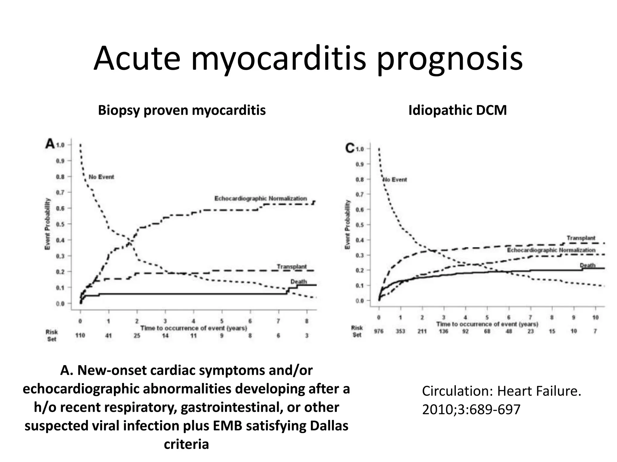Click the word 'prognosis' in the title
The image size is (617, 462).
pyautogui.click(x=450, y=59)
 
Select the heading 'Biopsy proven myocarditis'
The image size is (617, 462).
pyautogui.click(x=182, y=110)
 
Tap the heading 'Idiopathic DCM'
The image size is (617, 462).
pyautogui.click(x=457, y=110)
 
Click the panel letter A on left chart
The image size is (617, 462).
pyautogui.click(x=50, y=144)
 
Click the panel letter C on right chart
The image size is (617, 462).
pyautogui.click(x=350, y=148)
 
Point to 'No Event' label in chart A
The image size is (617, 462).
pyautogui.click(x=101, y=177)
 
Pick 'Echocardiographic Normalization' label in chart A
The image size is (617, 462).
pyautogui.click(x=260, y=199)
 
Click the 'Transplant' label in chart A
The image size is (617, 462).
pyautogui.click(x=291, y=266)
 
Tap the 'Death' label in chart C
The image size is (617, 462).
pyautogui.click(x=587, y=265)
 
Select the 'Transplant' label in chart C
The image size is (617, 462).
pyautogui.click(x=581, y=238)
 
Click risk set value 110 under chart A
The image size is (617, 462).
pyautogui.click(x=80, y=335)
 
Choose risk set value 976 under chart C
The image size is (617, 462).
pyautogui.click(x=378, y=331)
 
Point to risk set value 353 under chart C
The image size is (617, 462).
pyautogui.click(x=400, y=331)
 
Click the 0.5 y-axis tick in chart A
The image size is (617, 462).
pyautogui.click(x=60, y=224)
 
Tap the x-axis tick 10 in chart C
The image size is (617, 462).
pyautogui.click(x=595, y=317)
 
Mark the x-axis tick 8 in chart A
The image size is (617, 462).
pyautogui.click(x=307, y=321)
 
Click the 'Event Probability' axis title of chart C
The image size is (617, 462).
pyautogui.click(x=347, y=224)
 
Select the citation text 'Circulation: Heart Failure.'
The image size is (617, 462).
pyautogui.click(x=501, y=391)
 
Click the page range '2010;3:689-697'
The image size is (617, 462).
pyautogui.click(x=471, y=409)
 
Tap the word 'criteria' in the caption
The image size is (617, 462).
pyautogui.click(x=186, y=444)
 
